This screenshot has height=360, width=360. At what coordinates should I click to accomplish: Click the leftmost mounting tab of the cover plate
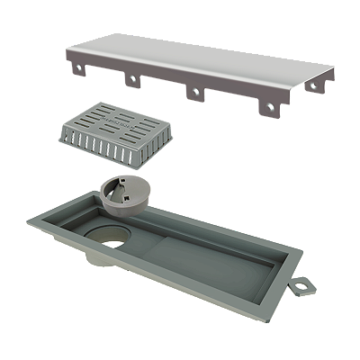click(x=72, y=64)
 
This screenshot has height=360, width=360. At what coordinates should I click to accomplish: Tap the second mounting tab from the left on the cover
click(x=132, y=80)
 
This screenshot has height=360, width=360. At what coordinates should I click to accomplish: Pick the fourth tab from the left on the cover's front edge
click(x=267, y=109)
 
